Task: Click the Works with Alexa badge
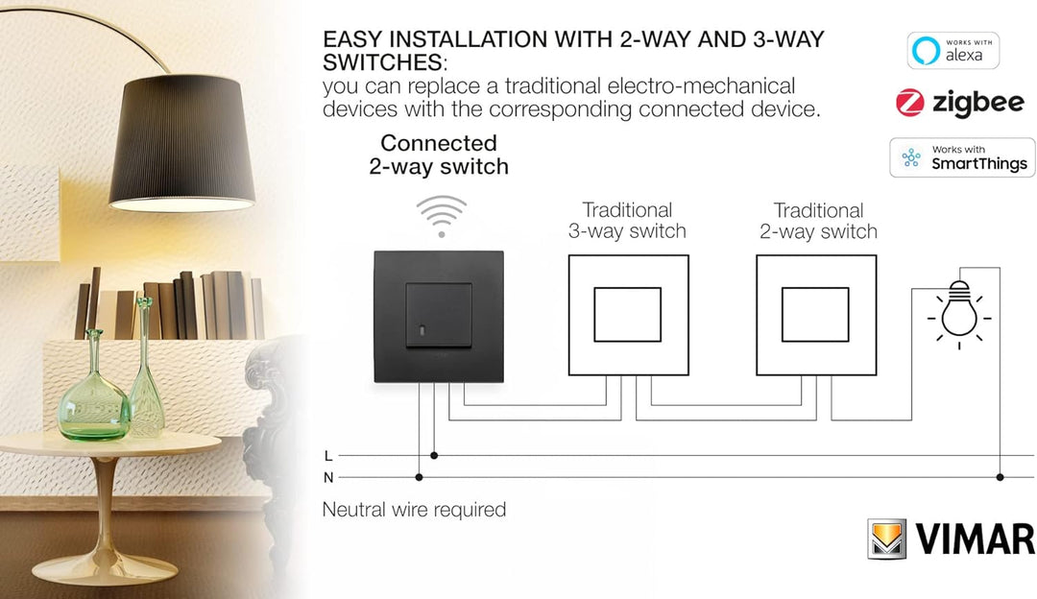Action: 953,51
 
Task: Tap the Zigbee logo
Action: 960,103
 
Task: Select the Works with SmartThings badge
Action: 962,157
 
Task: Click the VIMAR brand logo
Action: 951,539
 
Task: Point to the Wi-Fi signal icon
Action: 441,216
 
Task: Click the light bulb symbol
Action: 959,310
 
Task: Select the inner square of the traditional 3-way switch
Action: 627,314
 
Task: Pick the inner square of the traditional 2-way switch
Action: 815,314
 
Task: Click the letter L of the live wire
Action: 328,456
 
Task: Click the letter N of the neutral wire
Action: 328,477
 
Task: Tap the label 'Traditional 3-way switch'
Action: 627,221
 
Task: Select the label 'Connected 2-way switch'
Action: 439,155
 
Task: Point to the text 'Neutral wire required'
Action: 414,510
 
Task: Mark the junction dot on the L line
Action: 434,456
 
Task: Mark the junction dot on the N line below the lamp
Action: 1000,477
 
